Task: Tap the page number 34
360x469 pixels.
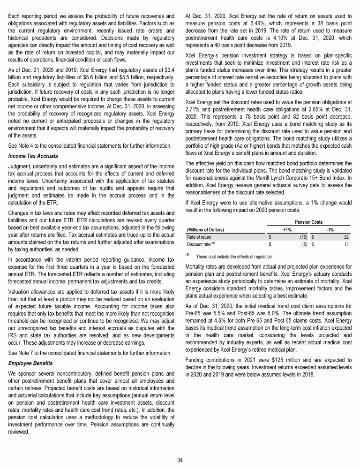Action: tap(180, 460)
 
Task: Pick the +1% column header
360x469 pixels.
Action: tap(287, 229)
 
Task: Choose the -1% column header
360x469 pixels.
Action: tap(330, 229)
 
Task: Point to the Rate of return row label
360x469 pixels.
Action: tap(199, 237)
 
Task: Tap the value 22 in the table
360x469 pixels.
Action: tap(346, 237)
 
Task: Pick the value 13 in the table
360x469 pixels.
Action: tap(346, 244)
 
